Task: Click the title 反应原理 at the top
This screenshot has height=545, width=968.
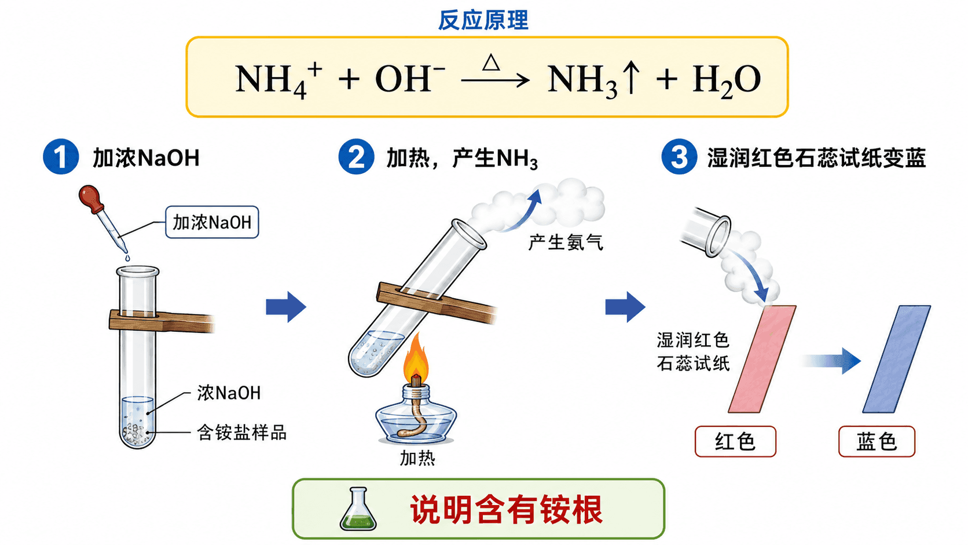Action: click(x=483, y=20)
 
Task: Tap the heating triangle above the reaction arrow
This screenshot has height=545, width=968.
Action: click(x=492, y=63)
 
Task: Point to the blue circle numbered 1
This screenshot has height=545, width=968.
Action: click(x=61, y=156)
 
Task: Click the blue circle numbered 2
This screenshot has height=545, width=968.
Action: click(x=356, y=156)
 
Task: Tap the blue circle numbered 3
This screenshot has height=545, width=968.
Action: click(x=679, y=156)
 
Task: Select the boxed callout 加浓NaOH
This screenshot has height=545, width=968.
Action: click(x=212, y=222)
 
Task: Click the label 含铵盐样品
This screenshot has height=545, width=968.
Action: click(x=241, y=432)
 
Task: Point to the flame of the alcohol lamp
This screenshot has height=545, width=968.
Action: click(x=416, y=357)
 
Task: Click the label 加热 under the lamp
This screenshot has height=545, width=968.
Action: click(x=417, y=458)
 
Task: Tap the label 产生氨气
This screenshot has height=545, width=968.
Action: click(x=566, y=243)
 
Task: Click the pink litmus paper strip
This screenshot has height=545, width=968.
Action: click(x=762, y=359)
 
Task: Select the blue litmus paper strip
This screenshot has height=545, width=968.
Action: click(x=897, y=359)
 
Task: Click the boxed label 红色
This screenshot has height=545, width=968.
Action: click(x=735, y=441)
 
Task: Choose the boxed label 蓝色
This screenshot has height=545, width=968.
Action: click(x=877, y=441)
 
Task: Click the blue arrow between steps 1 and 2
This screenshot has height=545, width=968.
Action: click(x=286, y=307)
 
